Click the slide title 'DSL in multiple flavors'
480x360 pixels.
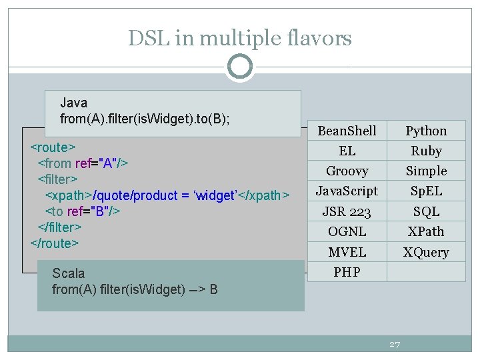240,39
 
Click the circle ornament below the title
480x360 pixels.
240,67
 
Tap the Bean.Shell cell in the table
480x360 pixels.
347,131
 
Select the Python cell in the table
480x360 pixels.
426,131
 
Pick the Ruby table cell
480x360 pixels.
426,151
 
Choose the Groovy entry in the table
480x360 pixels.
347,171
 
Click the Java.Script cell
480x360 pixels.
347,191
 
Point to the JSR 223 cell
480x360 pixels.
347,211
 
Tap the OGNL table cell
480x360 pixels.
347,231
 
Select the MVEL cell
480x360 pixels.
347,252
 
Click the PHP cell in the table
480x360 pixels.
347,272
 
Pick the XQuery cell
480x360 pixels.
426,252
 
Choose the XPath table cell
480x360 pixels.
426,231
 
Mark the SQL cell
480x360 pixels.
426,211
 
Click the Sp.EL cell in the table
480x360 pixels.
426,191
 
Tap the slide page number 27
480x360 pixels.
395,344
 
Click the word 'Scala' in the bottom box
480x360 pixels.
69,273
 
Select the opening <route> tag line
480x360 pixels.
53,147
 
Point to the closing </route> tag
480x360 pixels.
55,243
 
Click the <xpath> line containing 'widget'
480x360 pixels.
167,195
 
